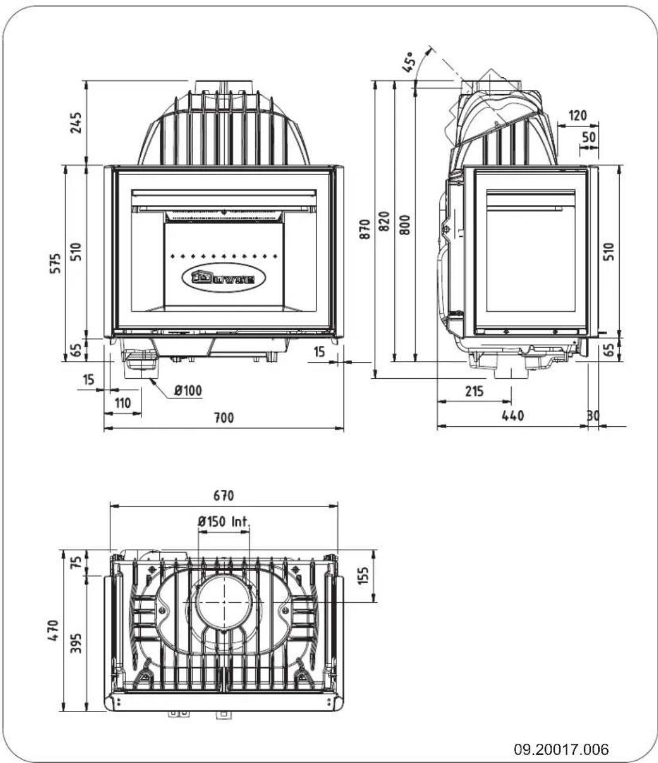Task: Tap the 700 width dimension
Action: click(x=224, y=418)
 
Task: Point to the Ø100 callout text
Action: click(x=188, y=391)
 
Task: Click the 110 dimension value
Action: click(x=122, y=403)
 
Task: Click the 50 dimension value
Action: click(x=589, y=137)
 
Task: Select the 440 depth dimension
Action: click(x=512, y=415)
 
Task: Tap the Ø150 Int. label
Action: click(x=222, y=521)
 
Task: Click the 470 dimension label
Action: click(x=55, y=631)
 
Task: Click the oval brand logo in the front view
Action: click(x=223, y=278)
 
